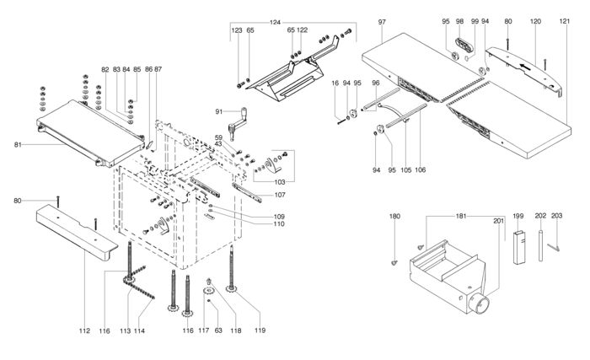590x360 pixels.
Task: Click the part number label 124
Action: tap(275, 23)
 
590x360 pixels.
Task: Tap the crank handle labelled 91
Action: tap(238, 123)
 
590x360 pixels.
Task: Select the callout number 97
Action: tap(382, 22)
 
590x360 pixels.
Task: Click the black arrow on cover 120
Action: tap(527, 67)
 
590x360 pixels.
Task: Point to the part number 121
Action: tap(565, 21)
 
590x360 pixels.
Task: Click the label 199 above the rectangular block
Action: tap(518, 216)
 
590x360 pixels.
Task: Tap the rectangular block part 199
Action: tap(519, 247)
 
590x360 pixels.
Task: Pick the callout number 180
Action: tap(394, 217)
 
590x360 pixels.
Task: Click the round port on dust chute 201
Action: tap(480, 304)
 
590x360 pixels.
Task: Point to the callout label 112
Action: tap(84, 331)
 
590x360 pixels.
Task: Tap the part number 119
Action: tap(260, 330)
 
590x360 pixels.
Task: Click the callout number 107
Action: tap(280, 195)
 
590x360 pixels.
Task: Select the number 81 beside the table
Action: tap(18, 145)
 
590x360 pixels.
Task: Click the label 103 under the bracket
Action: tap(280, 182)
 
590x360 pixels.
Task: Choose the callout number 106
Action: tap(421, 169)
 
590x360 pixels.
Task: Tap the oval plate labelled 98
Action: tap(464, 46)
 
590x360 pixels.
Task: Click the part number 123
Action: tap(237, 30)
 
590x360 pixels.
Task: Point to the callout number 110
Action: tap(279, 224)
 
